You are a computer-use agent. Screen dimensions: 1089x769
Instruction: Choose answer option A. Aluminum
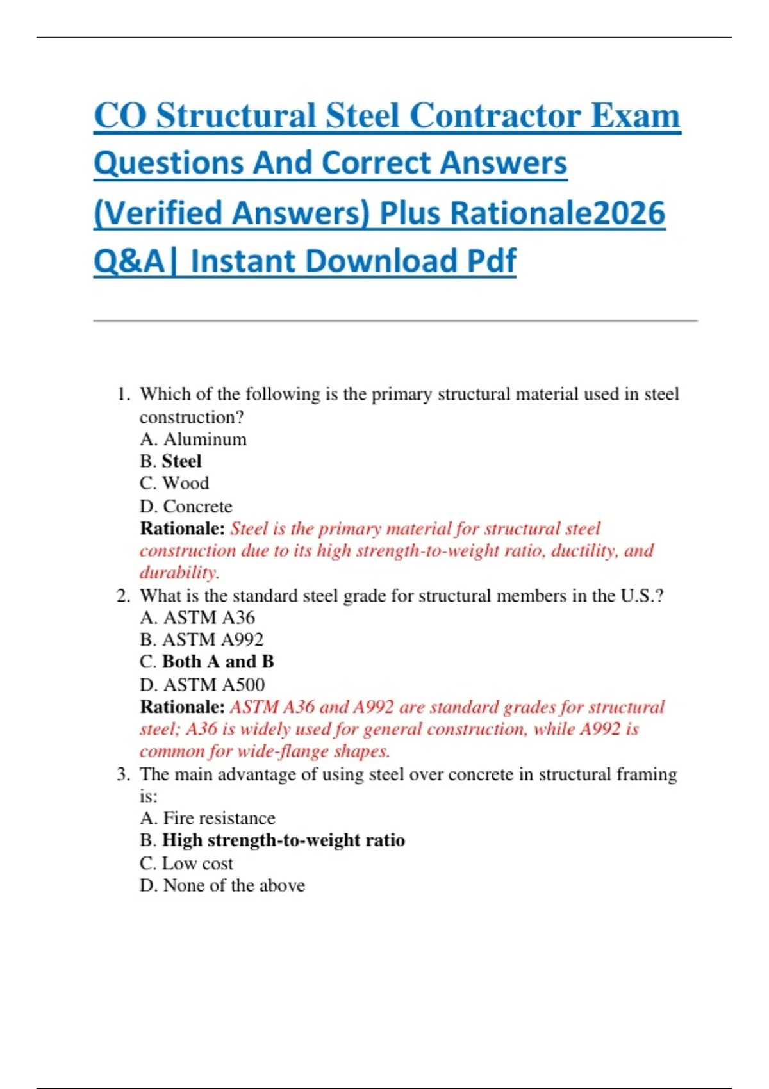pos(193,439)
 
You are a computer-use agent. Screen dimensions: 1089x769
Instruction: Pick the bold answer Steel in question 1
pos(181,461)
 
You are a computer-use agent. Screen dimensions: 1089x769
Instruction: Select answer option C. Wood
pos(174,483)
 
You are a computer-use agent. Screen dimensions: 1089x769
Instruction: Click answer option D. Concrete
pos(186,506)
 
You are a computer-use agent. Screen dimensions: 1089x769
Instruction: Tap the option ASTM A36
pos(197,618)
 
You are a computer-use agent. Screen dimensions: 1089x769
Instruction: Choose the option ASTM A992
pos(201,639)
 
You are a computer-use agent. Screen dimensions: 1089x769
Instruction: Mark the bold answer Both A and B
pos(218,662)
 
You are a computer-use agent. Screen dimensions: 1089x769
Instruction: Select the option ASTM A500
pos(202,685)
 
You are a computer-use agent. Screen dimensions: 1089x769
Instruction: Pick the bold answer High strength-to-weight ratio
pos(283,840)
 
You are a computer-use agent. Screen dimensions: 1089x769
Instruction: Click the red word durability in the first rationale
pos(179,572)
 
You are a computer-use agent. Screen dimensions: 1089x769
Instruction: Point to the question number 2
pos(122,596)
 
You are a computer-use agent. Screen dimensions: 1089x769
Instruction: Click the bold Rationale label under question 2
pos(182,707)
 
